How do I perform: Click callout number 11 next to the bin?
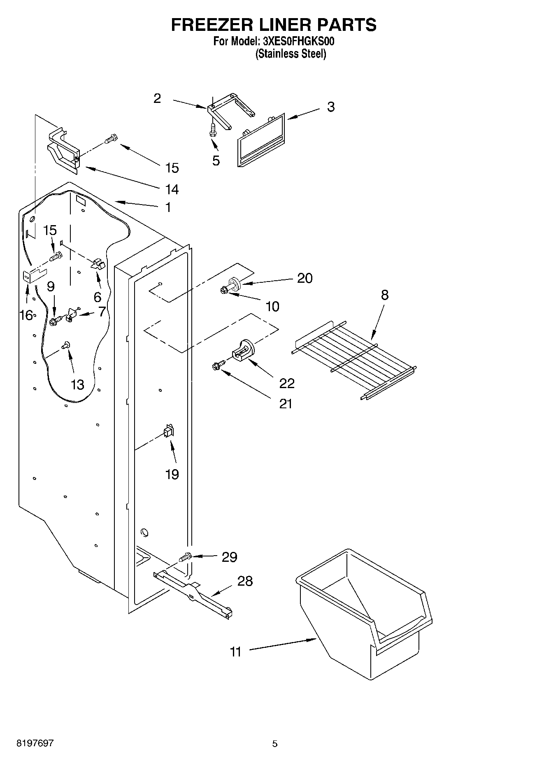coord(235,652)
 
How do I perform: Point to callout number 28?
coord(245,581)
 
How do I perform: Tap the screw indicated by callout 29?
coord(186,557)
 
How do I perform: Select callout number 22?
coord(287,384)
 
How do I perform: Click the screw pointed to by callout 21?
coord(218,364)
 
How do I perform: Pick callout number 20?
coord(305,278)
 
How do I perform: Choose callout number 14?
coord(172,189)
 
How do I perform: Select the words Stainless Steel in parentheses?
coord(291,54)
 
